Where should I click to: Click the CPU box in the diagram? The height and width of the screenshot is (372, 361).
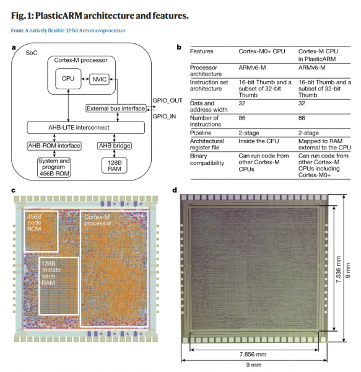67,79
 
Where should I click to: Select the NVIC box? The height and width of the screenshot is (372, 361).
100,79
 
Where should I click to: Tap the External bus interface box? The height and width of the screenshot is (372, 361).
116,109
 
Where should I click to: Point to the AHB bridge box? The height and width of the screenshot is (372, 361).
113,146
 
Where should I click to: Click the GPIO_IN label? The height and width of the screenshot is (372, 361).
165,116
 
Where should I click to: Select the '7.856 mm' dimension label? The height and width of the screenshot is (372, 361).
253,355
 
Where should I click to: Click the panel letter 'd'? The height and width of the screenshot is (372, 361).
175,190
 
